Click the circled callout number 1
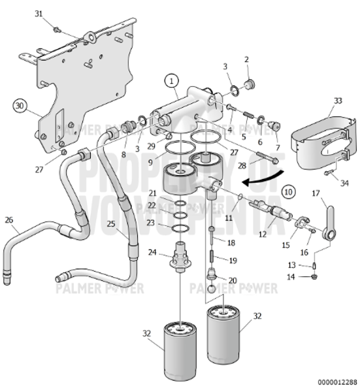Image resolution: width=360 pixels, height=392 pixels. tap(171, 81)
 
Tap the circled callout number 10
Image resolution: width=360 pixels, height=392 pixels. tap(289, 191)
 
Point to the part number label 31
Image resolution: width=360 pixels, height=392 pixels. tap(38, 14)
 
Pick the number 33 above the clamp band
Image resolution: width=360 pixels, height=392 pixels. tap(338, 101)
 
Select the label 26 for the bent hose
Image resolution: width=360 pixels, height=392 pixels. tap(9, 220)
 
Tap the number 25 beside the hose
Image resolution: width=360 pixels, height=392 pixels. tap(111, 224)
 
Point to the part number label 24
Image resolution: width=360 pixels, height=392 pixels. tap(152, 252)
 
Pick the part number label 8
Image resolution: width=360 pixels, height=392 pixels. tap(123, 155)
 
